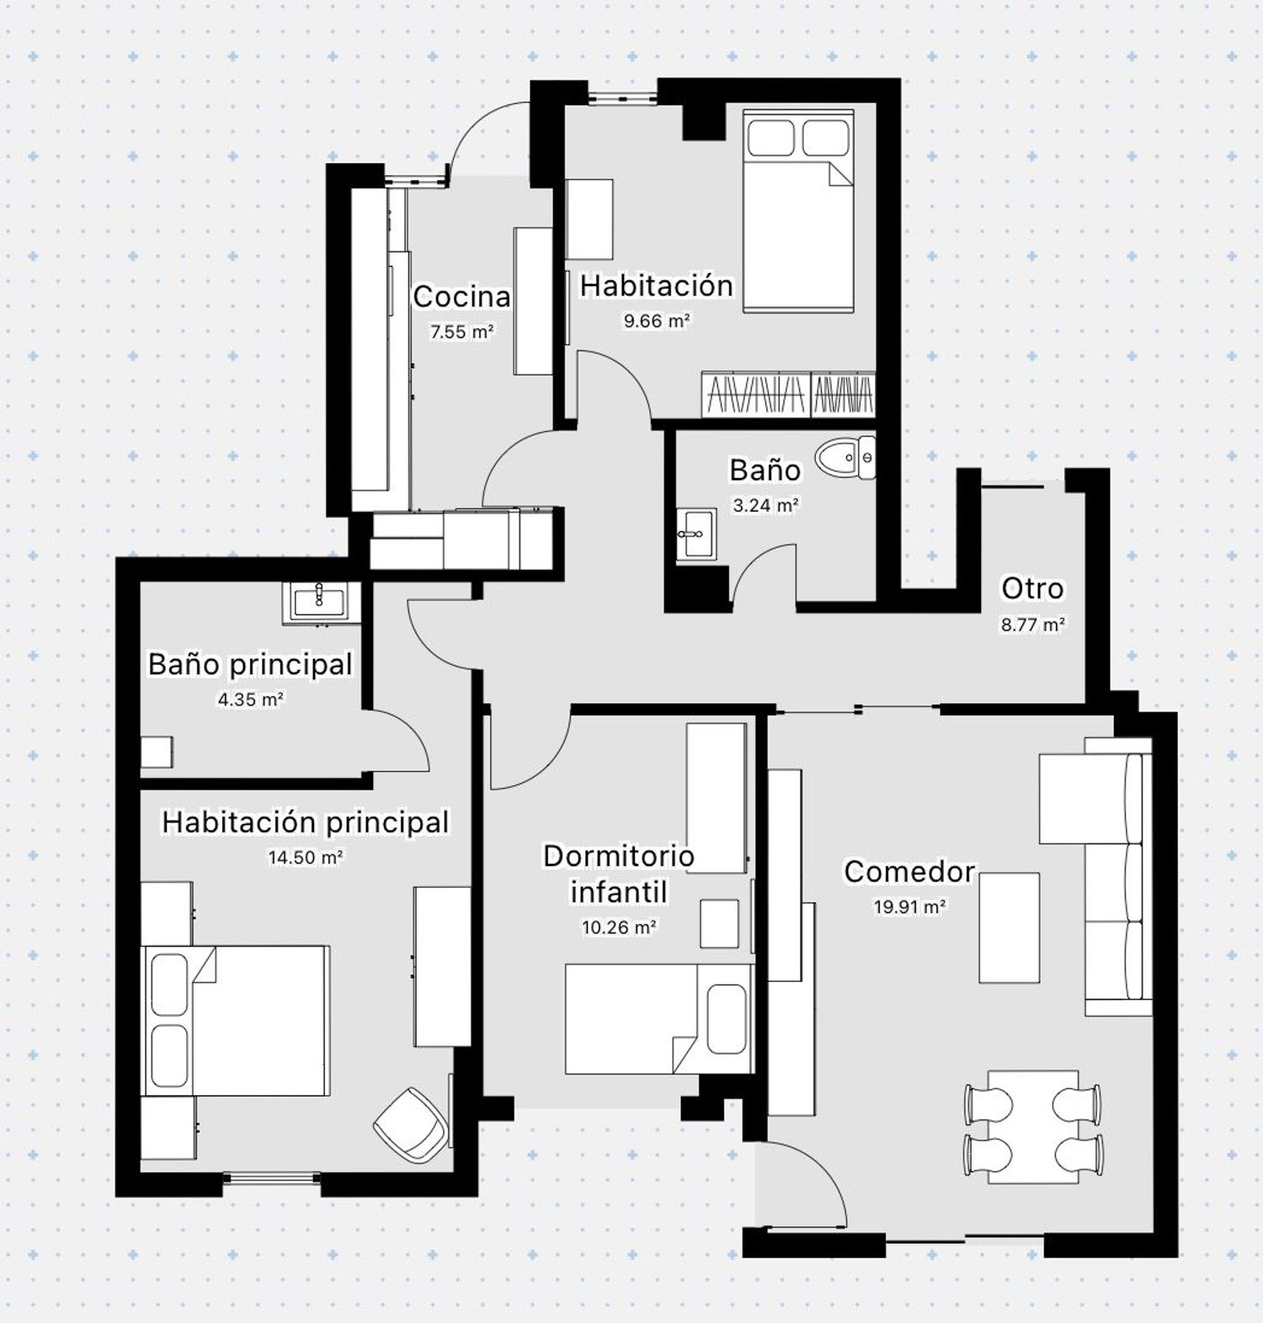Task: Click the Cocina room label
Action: pos(461,296)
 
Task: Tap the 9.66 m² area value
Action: pos(657,321)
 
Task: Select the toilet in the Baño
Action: pos(849,458)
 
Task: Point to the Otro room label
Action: pos(1032,588)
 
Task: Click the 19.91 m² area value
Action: pos(909,907)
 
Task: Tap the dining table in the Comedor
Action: pos(1033,1127)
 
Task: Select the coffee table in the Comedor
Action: pos(1009,927)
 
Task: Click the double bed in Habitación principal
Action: pos(235,1020)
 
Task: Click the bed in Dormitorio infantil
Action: pos(658,1018)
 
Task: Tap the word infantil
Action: pos(619,891)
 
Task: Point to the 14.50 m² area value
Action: pos(306,858)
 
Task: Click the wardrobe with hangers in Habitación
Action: pos(788,394)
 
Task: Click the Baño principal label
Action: pos(250,664)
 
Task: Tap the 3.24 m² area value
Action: pos(765,506)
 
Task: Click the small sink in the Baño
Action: pos(696,534)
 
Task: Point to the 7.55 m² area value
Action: pos(461,332)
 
